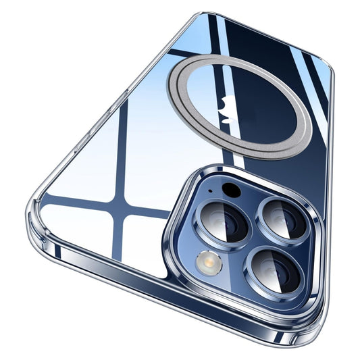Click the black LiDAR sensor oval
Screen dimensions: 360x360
tap(232, 190)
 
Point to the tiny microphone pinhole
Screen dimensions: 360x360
tap(210, 191)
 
